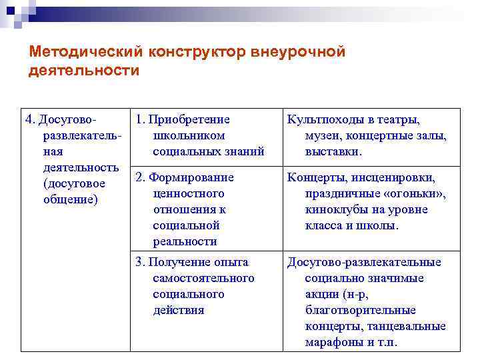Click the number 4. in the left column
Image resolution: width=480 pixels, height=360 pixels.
30,120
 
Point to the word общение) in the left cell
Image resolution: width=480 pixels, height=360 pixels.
70,200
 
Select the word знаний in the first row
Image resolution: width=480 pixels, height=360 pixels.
243,152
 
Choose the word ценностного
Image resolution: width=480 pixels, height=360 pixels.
188,193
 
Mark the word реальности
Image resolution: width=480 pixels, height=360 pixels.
185,241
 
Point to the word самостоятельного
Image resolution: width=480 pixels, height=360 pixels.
203,278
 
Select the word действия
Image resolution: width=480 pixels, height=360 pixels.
178,310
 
